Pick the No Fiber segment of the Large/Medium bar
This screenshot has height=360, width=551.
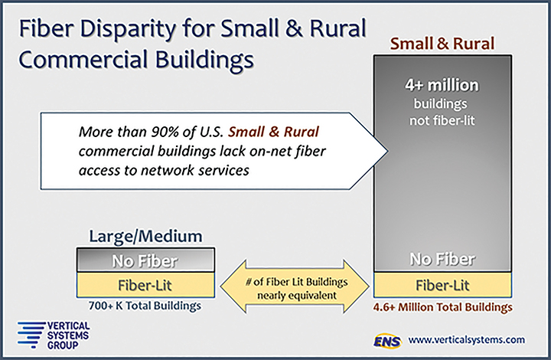point(145,261)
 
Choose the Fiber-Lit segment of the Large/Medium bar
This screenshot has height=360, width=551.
point(145,285)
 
